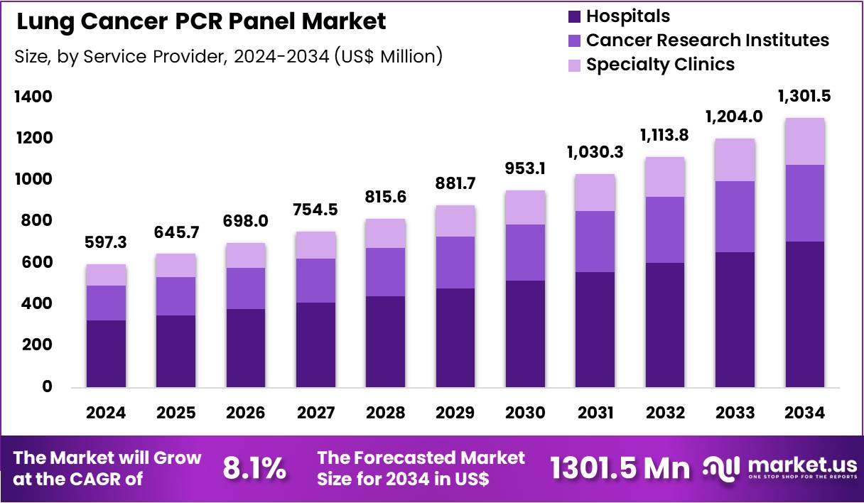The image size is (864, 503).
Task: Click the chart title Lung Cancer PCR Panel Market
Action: [x=201, y=22]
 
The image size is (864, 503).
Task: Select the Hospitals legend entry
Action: [x=627, y=16]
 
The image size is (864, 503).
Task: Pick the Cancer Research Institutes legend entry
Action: [x=707, y=40]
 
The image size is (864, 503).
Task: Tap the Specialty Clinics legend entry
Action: [x=660, y=65]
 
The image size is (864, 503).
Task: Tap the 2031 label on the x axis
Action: [x=595, y=413]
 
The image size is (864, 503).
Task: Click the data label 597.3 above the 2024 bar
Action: [x=107, y=243]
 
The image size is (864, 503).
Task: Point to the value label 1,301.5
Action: [x=805, y=96]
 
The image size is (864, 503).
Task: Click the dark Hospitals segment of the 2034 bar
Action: [x=805, y=314]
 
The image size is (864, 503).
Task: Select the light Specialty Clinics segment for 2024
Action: [x=106, y=275]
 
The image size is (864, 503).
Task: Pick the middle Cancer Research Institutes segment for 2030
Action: [x=525, y=252]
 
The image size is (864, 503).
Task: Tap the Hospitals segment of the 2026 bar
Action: [x=246, y=347]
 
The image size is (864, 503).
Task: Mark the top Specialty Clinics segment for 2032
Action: [x=665, y=177]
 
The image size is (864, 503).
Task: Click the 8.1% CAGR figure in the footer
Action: [x=254, y=468]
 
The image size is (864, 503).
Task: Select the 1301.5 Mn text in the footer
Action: [x=620, y=468]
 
